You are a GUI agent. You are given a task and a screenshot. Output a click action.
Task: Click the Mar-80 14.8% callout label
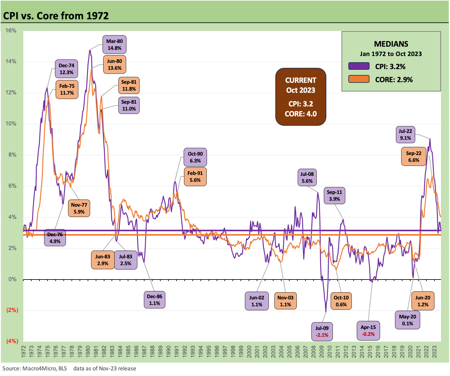114,45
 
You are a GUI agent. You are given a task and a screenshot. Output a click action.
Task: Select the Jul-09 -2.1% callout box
322,331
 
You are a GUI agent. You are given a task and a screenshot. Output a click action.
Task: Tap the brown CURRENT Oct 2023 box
301,97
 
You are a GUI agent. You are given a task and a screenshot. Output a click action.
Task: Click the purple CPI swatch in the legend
359,66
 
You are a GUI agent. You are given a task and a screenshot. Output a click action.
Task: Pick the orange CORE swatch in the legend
359,79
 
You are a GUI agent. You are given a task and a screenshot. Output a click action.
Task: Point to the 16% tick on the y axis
11,31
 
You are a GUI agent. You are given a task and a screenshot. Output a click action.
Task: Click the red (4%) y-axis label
12,341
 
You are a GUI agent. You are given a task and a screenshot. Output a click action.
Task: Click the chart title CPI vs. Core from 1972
56,16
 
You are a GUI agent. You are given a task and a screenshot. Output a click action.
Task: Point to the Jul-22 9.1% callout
405,134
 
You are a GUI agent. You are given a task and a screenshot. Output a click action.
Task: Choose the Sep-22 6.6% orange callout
414,157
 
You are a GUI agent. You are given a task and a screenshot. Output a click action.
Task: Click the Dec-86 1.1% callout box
154,300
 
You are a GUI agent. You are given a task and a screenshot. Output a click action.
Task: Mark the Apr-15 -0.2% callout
368,331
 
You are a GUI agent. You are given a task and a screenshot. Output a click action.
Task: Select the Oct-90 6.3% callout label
195,157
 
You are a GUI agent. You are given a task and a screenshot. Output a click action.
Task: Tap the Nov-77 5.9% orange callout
79,208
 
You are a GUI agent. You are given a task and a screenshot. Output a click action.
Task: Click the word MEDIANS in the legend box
391,44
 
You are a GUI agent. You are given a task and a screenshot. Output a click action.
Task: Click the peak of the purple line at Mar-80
90,50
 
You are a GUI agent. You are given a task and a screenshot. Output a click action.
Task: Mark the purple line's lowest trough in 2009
326,312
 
